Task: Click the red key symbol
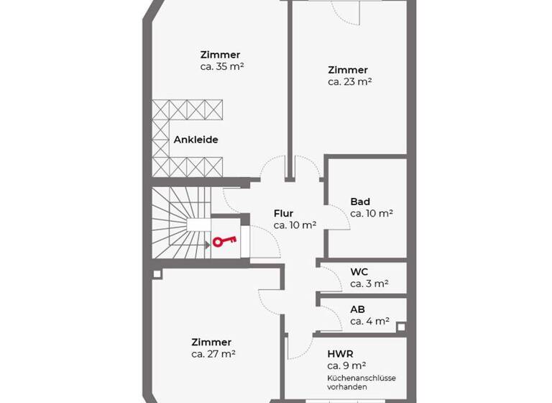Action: coord(224,243)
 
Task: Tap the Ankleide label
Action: coord(195,140)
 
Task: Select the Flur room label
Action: coord(284,213)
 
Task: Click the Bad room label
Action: coord(360,201)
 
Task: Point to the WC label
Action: coord(359,272)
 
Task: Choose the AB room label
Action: coord(357,309)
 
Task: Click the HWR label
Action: coord(339,353)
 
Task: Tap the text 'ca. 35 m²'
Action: coord(223,66)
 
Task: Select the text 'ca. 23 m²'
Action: coord(349,82)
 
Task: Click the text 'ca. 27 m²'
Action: coord(213,354)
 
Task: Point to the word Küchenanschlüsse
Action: coord(362,378)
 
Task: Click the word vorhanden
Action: coord(347,387)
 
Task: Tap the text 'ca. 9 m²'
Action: coord(347,365)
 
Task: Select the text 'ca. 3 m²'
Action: coord(369,284)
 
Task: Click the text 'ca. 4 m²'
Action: coord(369,321)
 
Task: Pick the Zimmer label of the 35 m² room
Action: coord(220,55)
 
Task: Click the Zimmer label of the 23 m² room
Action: coord(348,70)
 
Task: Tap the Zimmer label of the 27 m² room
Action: coord(211,342)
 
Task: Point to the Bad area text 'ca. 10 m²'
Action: coord(372,213)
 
